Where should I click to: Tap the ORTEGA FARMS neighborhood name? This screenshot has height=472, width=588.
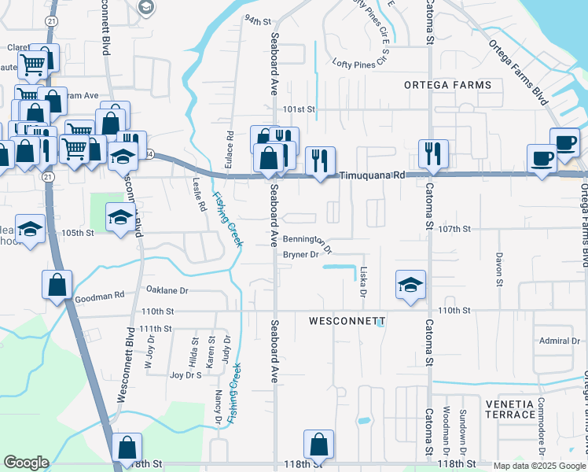point(447,85)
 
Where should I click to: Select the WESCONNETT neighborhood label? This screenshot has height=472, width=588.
point(347,322)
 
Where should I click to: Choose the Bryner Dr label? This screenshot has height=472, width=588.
point(300,255)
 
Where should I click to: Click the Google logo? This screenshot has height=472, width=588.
point(26,463)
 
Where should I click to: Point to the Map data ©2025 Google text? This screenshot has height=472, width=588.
point(540,466)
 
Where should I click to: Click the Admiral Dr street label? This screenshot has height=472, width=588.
point(559,341)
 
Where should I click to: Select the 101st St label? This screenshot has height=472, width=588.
point(299,109)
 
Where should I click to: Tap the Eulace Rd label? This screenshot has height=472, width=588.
point(230,146)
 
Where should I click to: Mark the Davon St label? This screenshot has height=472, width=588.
point(498,268)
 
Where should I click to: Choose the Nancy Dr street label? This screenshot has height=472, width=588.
point(219,387)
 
